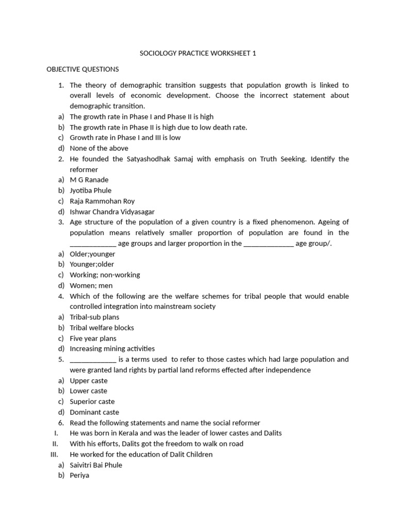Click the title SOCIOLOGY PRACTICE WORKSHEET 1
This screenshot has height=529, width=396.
pyautogui.click(x=197, y=53)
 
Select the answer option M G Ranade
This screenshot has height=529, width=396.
pyautogui.click(x=89, y=180)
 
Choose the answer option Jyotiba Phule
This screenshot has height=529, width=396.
pyautogui.click(x=91, y=191)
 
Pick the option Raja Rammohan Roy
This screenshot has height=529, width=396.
pyautogui.click(x=102, y=201)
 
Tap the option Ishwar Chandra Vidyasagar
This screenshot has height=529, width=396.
pyautogui.click(x=112, y=212)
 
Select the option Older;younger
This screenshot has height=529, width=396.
pyautogui.click(x=92, y=254)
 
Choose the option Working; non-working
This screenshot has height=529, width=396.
pyautogui.click(x=105, y=275)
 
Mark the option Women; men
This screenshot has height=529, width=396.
pyautogui.click(x=91, y=286)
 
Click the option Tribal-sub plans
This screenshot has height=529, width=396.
pyautogui.click(x=94, y=317)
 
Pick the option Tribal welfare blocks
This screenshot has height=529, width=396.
pyautogui.click(x=102, y=328)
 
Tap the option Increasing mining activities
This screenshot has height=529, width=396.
pyautogui.click(x=112, y=349)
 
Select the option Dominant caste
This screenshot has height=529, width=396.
pyautogui.click(x=94, y=412)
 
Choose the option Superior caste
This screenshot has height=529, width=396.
pyautogui.click(x=92, y=401)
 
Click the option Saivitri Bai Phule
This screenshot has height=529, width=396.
pyautogui.click(x=96, y=465)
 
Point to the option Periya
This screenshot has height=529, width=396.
pyautogui.click(x=79, y=475)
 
